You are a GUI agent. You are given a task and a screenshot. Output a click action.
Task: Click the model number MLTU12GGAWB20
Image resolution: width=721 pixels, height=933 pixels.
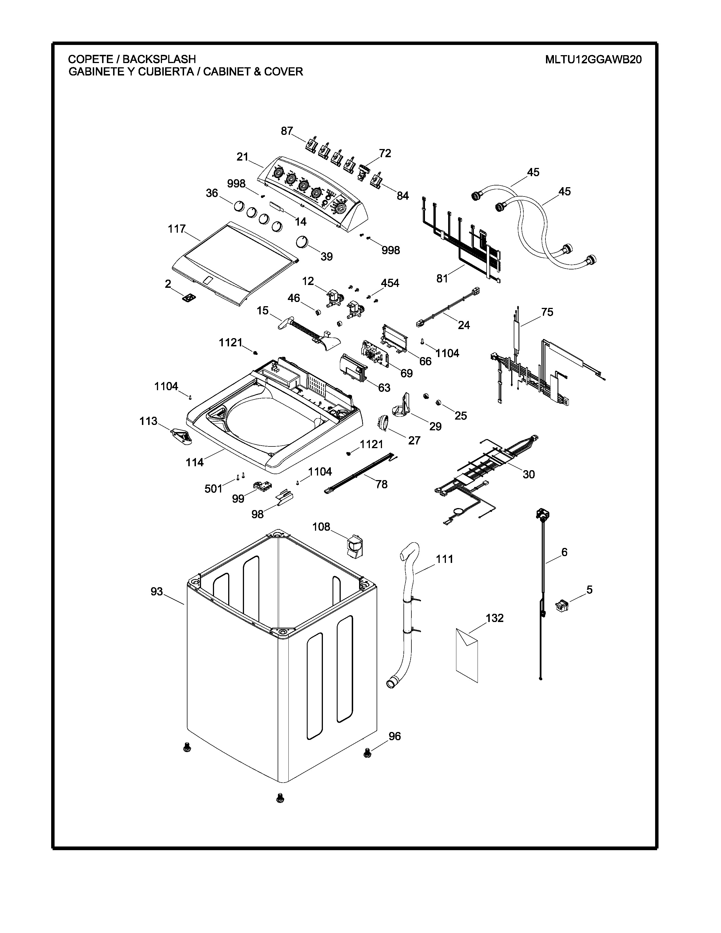[593, 59]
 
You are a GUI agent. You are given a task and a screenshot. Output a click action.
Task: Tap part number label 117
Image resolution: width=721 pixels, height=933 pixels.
[176, 229]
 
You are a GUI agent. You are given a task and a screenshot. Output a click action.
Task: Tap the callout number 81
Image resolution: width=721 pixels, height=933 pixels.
[442, 278]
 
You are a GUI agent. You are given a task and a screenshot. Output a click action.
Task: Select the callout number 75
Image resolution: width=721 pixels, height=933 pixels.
[547, 312]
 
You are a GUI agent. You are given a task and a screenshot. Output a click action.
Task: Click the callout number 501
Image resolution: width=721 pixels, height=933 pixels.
[213, 488]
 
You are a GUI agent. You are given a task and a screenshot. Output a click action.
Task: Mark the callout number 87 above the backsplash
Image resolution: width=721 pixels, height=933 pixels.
[287, 131]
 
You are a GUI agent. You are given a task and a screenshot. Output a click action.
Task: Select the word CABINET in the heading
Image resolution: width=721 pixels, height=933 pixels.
[226, 71]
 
